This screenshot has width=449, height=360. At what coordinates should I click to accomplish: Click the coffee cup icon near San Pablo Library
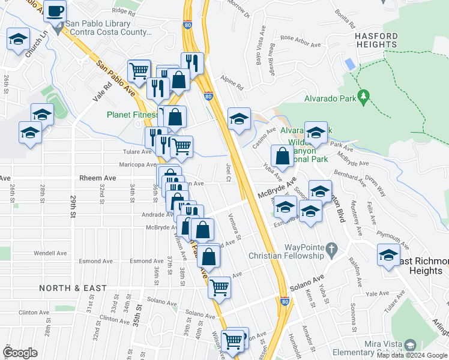pyautogui.click(x=55, y=10)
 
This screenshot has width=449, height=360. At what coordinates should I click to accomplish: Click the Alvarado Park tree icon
pyautogui.click(x=363, y=96)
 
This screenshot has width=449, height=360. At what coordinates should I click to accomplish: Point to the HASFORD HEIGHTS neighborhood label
pyautogui.click(x=376, y=40)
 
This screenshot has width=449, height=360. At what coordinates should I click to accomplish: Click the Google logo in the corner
pyautogui.click(x=20, y=353)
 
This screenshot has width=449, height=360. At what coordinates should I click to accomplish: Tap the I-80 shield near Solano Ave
pyautogui.click(x=284, y=302)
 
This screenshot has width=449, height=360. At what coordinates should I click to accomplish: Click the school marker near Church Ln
pyautogui.click(x=17, y=40)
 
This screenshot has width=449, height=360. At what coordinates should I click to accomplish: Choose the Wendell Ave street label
pyautogui.click(x=50, y=253)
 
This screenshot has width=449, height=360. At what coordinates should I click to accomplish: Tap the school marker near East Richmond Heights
pyautogui.click(x=388, y=256)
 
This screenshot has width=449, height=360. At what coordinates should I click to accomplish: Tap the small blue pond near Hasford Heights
pyautogui.click(x=349, y=64)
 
